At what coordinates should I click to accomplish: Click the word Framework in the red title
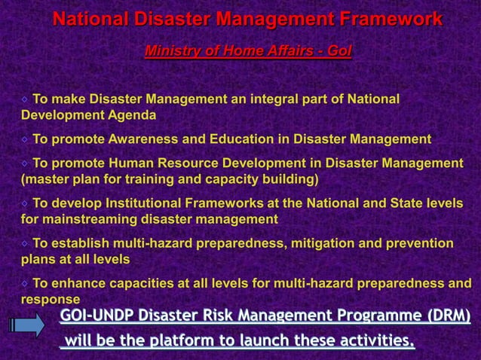[388, 19]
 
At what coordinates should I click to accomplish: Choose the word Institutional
[144, 203]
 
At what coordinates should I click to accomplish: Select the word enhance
[78, 284]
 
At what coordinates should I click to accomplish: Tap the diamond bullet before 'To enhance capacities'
[26, 284]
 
